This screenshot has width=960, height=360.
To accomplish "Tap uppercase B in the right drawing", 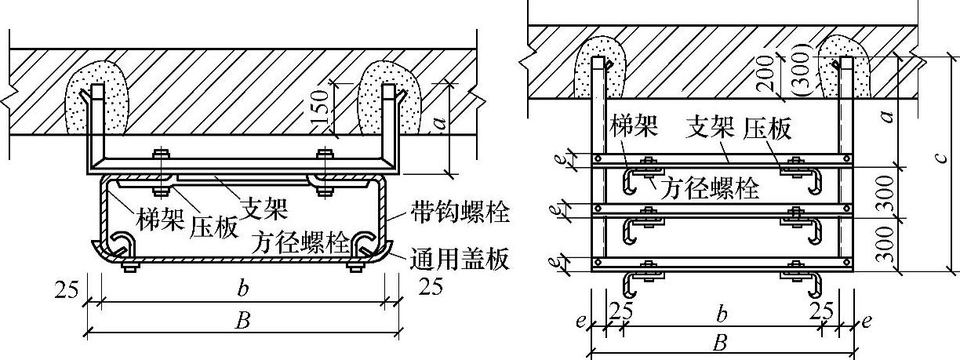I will (718, 342).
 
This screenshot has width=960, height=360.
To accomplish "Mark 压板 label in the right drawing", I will (765, 128).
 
